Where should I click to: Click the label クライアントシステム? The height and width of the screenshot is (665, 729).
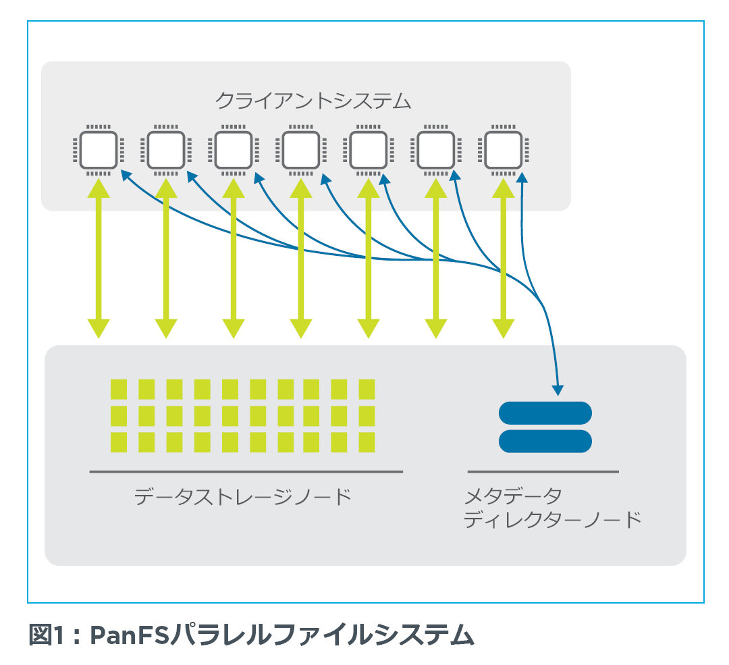click(x=313, y=101)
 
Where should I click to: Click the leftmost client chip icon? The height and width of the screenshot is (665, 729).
click(x=99, y=150)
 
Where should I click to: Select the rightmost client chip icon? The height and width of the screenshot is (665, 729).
click(x=504, y=150)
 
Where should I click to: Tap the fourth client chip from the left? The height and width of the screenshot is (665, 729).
click(x=301, y=150)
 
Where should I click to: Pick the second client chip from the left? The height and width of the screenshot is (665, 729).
click(x=166, y=150)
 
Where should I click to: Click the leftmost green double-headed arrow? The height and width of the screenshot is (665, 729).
click(x=99, y=258)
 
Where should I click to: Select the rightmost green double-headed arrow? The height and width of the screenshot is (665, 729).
click(x=504, y=258)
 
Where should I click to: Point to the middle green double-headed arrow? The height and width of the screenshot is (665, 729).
click(x=301, y=258)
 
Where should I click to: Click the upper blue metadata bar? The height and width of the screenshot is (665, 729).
click(x=545, y=413)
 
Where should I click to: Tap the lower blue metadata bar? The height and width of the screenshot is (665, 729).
click(x=545, y=441)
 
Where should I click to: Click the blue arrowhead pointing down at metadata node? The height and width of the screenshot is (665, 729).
click(x=558, y=391)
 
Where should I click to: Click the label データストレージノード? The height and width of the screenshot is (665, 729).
click(x=243, y=497)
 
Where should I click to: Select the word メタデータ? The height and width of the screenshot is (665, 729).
click(x=513, y=496)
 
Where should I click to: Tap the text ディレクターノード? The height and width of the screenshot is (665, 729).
click(x=552, y=519)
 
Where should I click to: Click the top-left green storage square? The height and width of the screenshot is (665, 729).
click(x=119, y=390)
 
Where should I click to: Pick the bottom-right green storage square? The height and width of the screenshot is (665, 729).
click(x=367, y=442)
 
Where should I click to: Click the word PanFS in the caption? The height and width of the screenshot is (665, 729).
click(x=129, y=635)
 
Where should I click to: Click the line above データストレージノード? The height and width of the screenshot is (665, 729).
click(x=246, y=471)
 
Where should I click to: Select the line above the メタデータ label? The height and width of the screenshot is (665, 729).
click(x=543, y=471)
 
